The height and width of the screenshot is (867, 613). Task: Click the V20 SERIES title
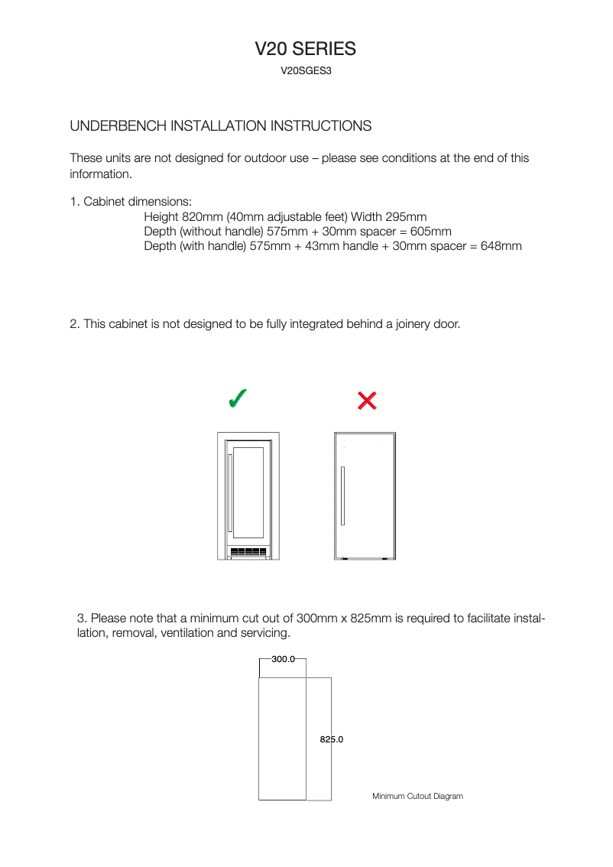click(x=305, y=49)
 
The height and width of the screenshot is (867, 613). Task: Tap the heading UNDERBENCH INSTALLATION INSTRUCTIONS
click(x=221, y=125)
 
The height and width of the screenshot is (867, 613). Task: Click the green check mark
click(x=238, y=399)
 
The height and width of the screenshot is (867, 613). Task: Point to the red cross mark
click(x=367, y=401)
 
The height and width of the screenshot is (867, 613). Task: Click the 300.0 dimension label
click(x=283, y=659)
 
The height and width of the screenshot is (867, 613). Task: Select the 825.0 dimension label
click(x=331, y=739)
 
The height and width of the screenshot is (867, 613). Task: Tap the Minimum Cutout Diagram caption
click(x=417, y=797)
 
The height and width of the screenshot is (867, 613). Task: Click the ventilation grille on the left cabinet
click(x=248, y=552)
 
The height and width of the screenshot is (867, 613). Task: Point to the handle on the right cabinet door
click(x=342, y=495)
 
